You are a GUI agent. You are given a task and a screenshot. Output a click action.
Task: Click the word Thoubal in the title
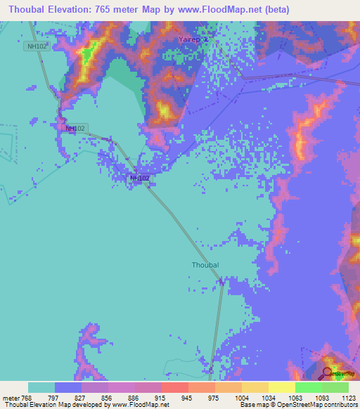click(x=26, y=10)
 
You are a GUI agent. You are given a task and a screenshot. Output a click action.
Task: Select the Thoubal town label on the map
click(x=205, y=265)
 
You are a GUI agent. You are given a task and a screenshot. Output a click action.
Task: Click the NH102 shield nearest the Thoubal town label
click(x=139, y=178)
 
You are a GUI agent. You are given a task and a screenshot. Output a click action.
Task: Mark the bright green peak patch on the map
click(x=89, y=53)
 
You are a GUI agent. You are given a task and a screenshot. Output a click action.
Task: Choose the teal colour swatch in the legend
click(x=41, y=387)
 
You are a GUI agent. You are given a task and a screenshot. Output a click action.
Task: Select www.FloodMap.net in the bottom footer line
click(x=135, y=405)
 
